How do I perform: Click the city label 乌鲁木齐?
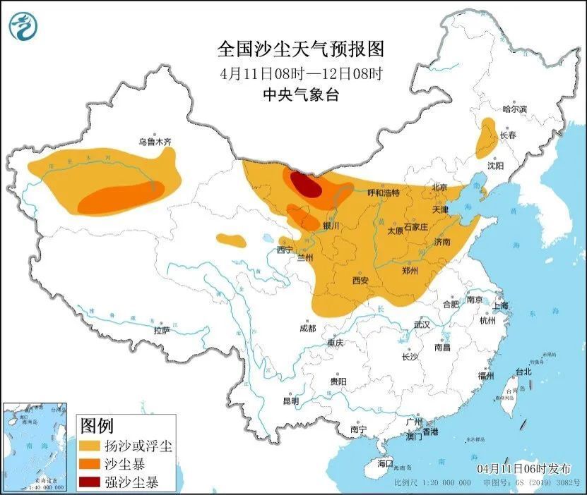point(155,142)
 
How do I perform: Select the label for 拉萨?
point(162,330)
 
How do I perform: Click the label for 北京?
point(439,188)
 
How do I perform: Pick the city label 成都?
point(307,327)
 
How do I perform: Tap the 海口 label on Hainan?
point(384,463)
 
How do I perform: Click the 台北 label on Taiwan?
point(523,372)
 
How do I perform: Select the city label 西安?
point(360,280)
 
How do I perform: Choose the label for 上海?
point(501,305)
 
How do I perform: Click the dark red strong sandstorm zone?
point(305,185)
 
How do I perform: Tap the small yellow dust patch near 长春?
point(486,138)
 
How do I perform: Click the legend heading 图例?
point(97,426)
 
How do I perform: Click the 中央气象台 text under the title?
point(301,95)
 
